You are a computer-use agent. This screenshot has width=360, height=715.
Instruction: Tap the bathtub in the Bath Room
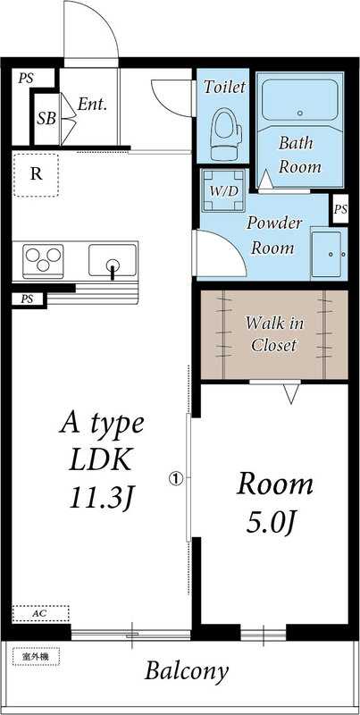click(300, 100)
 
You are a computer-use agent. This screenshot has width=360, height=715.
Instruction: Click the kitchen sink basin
click(113, 260)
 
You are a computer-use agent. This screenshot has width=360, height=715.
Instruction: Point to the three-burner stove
click(43, 261)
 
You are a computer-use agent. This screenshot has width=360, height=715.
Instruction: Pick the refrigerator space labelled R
click(36, 175)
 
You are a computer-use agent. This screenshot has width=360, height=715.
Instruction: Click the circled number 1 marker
click(176, 478)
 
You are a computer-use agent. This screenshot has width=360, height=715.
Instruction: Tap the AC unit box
click(40, 613)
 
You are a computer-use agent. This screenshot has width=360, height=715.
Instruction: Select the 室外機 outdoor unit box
click(36, 657)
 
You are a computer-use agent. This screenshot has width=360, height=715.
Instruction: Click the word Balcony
click(187, 672)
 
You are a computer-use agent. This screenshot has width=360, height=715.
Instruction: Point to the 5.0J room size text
click(272, 525)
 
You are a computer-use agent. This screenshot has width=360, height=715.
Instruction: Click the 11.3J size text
click(102, 497)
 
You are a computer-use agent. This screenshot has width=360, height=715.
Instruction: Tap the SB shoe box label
click(46, 119)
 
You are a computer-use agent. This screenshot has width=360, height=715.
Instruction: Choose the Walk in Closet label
click(274, 334)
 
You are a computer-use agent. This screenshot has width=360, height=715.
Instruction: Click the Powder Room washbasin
click(327, 254)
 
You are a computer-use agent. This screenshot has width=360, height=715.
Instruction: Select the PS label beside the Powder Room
click(341, 209)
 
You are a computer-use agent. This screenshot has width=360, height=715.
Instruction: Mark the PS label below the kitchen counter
click(28, 299)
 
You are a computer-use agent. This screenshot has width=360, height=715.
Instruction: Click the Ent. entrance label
click(92, 105)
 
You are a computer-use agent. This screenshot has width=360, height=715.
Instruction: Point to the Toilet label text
click(224, 86)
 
